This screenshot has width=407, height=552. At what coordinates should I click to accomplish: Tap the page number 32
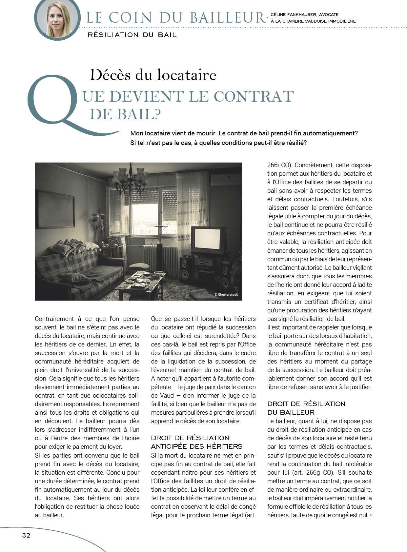pyautogui.click(x=26, y=535)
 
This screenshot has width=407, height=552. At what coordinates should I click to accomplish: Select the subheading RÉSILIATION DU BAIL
pyautogui.click(x=132, y=35)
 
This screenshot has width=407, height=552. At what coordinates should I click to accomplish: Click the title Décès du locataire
pyautogui.click(x=153, y=75)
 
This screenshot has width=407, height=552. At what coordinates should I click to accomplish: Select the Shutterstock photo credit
pyautogui.click(x=226, y=295)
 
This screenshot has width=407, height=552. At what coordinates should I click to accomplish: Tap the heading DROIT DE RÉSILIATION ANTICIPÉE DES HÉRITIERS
pyautogui.click(x=196, y=442)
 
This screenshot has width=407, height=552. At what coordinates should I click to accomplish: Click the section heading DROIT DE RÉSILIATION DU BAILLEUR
pyautogui.click(x=306, y=408)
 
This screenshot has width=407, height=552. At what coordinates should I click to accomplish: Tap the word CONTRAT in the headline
pyautogui.click(x=254, y=96)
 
